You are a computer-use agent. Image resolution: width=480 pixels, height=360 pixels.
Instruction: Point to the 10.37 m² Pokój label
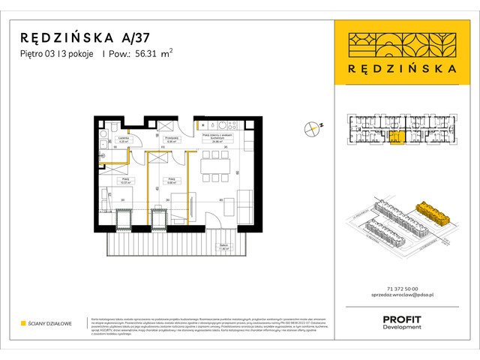pyautogui.click(x=125, y=181)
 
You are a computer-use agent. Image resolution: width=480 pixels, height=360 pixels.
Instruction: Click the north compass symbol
pyautogui.click(x=313, y=129)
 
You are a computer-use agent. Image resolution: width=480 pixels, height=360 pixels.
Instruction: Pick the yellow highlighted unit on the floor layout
pyautogui.click(x=397, y=136)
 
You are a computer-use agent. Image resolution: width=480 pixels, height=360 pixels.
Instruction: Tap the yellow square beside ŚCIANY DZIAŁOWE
pyautogui.click(x=23, y=323)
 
